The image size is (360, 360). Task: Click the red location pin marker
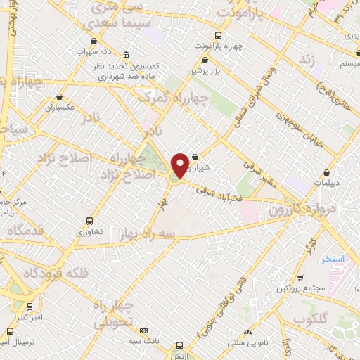pos(181,165)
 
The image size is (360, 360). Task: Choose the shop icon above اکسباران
pos(60,97)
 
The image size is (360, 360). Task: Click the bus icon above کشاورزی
pos(89,220)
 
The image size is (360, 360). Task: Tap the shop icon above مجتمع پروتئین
pos(301,278)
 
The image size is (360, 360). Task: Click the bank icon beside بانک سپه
pos(143,330)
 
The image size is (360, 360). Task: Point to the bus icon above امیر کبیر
pos(30,307)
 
